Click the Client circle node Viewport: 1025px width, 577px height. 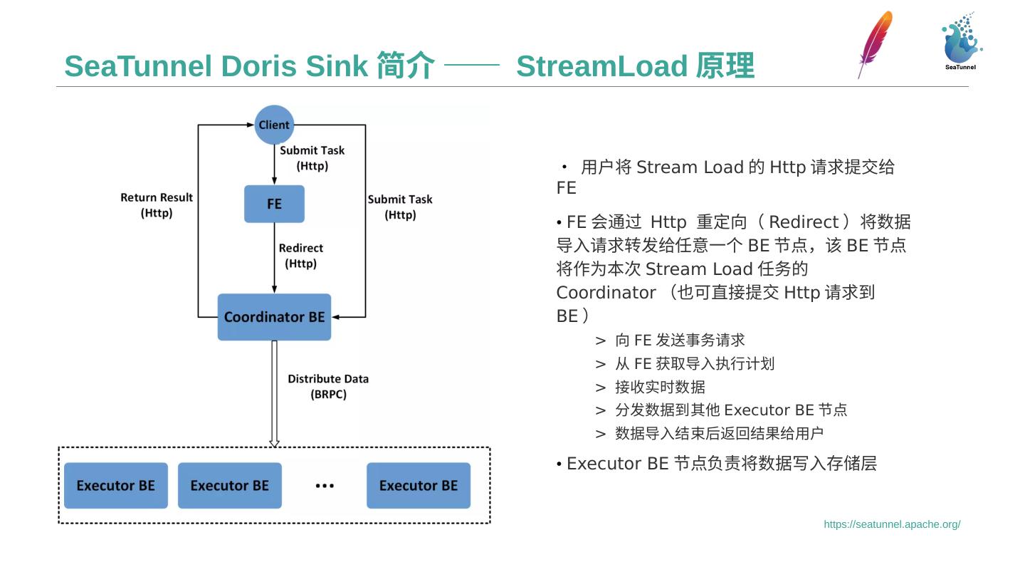[x=274, y=125]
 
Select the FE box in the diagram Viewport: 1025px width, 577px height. [x=274, y=204]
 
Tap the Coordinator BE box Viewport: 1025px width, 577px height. [x=274, y=317]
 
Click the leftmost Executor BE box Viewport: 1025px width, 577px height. [x=116, y=486]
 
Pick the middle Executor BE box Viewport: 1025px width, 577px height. [x=229, y=486]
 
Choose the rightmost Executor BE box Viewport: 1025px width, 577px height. [x=419, y=486]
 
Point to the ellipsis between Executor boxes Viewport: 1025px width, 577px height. [x=325, y=486]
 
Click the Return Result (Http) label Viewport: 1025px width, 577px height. [x=157, y=205]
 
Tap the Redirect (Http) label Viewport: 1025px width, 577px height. [x=300, y=256]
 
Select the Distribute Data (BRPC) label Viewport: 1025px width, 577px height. [x=328, y=386]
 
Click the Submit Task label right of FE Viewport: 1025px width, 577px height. [x=400, y=207]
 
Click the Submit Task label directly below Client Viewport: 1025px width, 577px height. [x=312, y=158]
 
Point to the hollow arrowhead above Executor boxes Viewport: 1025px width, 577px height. [x=274, y=442]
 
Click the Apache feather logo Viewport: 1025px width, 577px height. [x=875, y=43]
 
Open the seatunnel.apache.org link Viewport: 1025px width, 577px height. [x=892, y=524]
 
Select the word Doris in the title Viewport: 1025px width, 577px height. [x=259, y=66]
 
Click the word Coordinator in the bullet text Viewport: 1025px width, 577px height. [x=606, y=293]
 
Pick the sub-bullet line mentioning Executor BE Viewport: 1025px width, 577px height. [x=730, y=410]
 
